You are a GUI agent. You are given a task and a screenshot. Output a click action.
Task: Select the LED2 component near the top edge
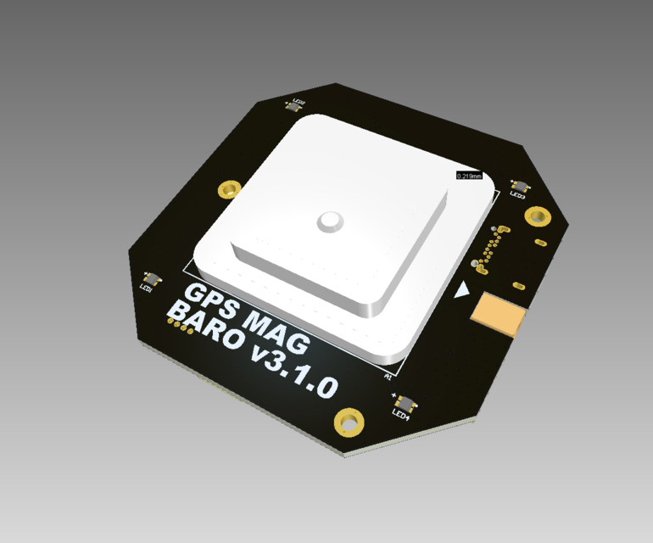(x=297, y=106)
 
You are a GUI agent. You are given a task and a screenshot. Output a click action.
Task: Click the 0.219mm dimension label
(x=469, y=176)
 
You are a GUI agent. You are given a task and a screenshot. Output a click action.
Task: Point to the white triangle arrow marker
(x=462, y=291)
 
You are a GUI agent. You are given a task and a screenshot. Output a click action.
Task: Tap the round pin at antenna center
(x=329, y=221)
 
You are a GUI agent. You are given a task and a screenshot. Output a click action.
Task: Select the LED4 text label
(x=401, y=415)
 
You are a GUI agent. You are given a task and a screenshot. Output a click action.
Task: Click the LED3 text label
(x=517, y=195)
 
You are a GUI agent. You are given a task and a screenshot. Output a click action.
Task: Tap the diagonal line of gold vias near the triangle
(x=487, y=254)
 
